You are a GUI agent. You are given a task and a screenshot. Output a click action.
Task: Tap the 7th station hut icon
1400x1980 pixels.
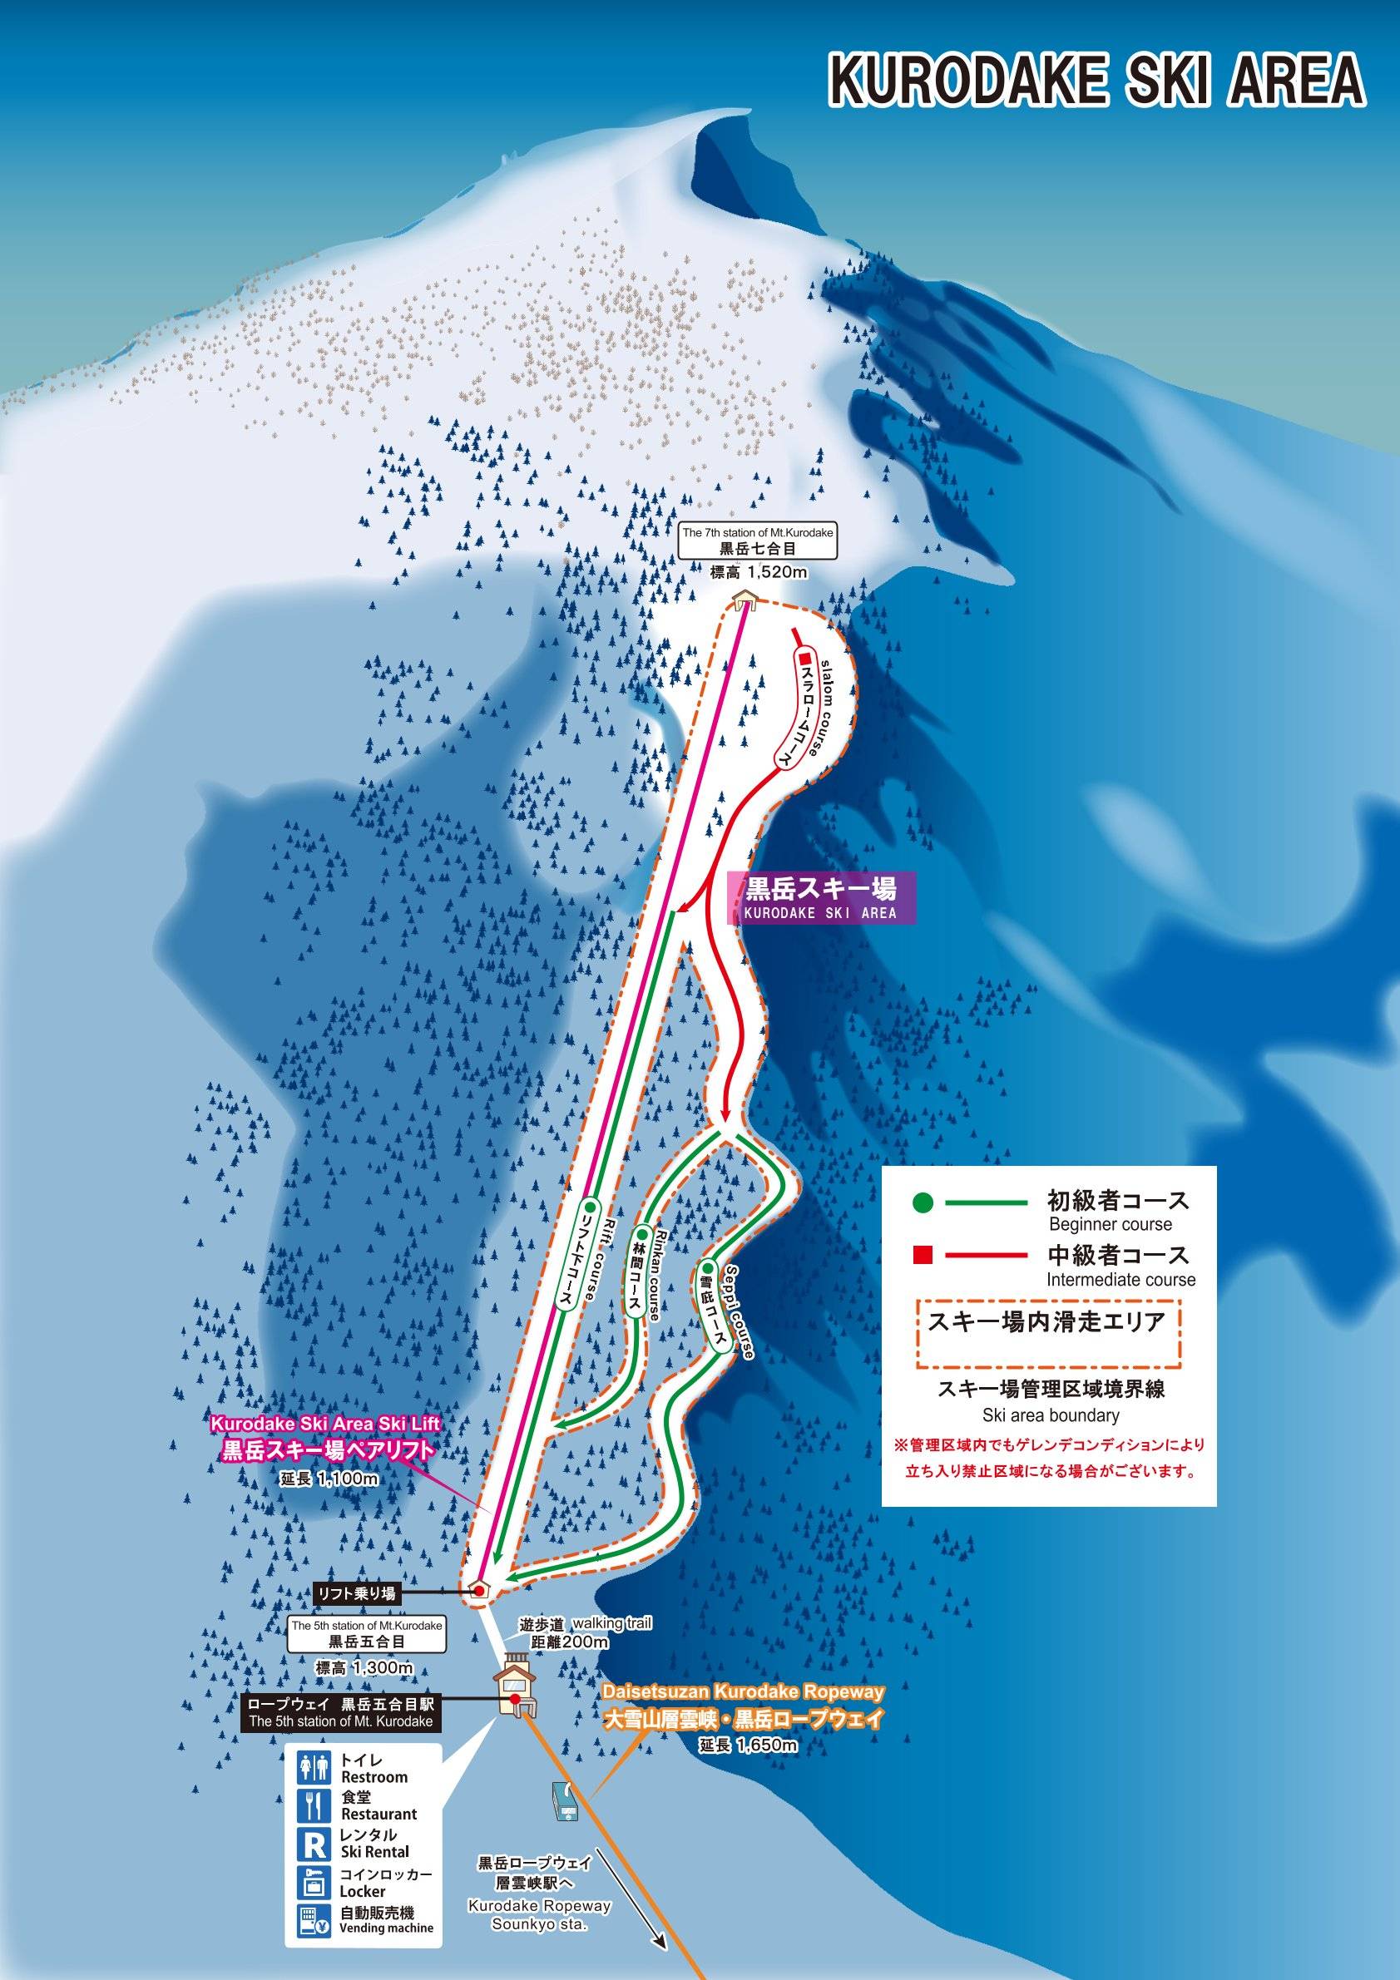pos(744,599)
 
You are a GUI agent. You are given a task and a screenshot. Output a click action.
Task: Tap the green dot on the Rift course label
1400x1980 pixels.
pos(588,1205)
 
